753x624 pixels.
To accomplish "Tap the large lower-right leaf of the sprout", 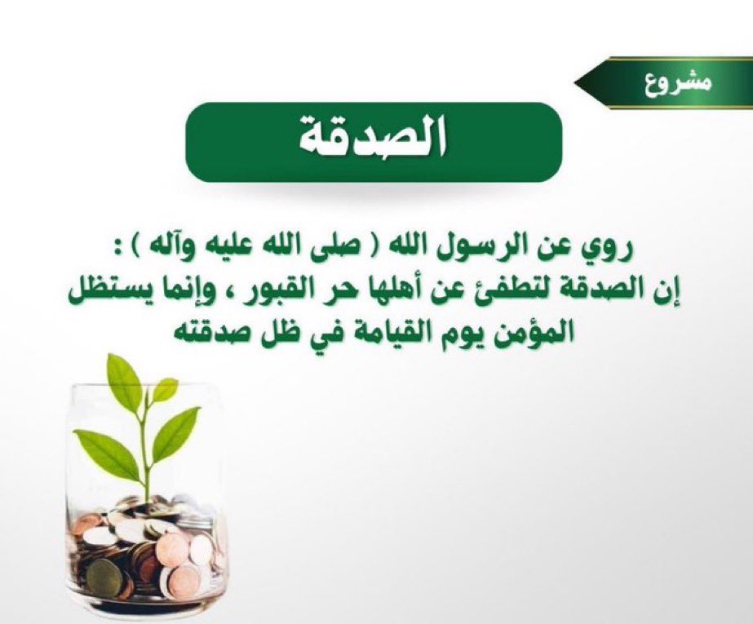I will tap(176, 433).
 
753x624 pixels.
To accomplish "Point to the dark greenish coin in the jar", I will tap(104, 578).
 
